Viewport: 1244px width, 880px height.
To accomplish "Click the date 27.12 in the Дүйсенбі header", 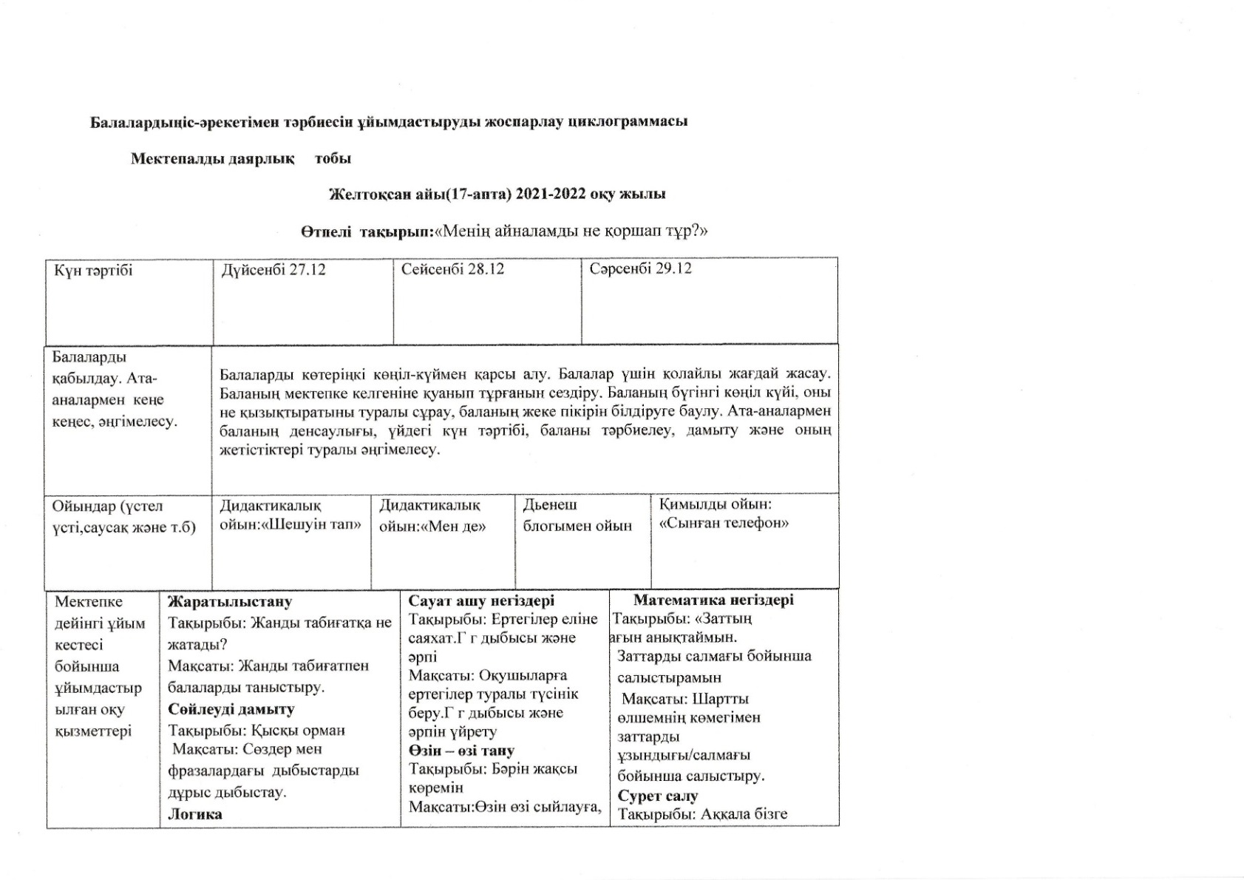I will pyautogui.click(x=307, y=269).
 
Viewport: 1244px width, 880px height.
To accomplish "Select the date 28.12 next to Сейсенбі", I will pyautogui.click(x=486, y=269).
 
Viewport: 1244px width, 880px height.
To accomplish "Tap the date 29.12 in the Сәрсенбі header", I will pyautogui.click(x=673, y=268).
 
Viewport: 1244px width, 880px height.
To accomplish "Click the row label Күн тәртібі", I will pyautogui.click(x=93, y=271).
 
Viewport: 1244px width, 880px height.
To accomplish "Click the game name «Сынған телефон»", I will pyautogui.click(x=724, y=523).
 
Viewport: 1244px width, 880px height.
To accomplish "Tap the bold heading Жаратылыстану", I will pyautogui.click(x=230, y=602).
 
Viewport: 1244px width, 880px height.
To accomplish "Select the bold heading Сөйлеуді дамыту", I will pyautogui.click(x=231, y=709).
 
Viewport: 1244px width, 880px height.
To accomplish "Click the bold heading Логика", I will pyautogui.click(x=195, y=814).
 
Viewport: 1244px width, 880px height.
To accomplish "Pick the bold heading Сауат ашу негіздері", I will pyautogui.click(x=481, y=600).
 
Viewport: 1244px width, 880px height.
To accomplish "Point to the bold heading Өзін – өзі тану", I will pyautogui.click(x=461, y=751).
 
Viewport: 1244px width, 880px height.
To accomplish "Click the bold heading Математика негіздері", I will pyautogui.click(x=713, y=600).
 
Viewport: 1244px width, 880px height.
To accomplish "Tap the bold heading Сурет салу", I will pyautogui.click(x=658, y=796).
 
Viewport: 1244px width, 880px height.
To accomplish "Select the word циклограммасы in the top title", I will pyautogui.click(x=627, y=121).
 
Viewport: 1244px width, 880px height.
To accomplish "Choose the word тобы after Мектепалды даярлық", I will pyautogui.click(x=333, y=159).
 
